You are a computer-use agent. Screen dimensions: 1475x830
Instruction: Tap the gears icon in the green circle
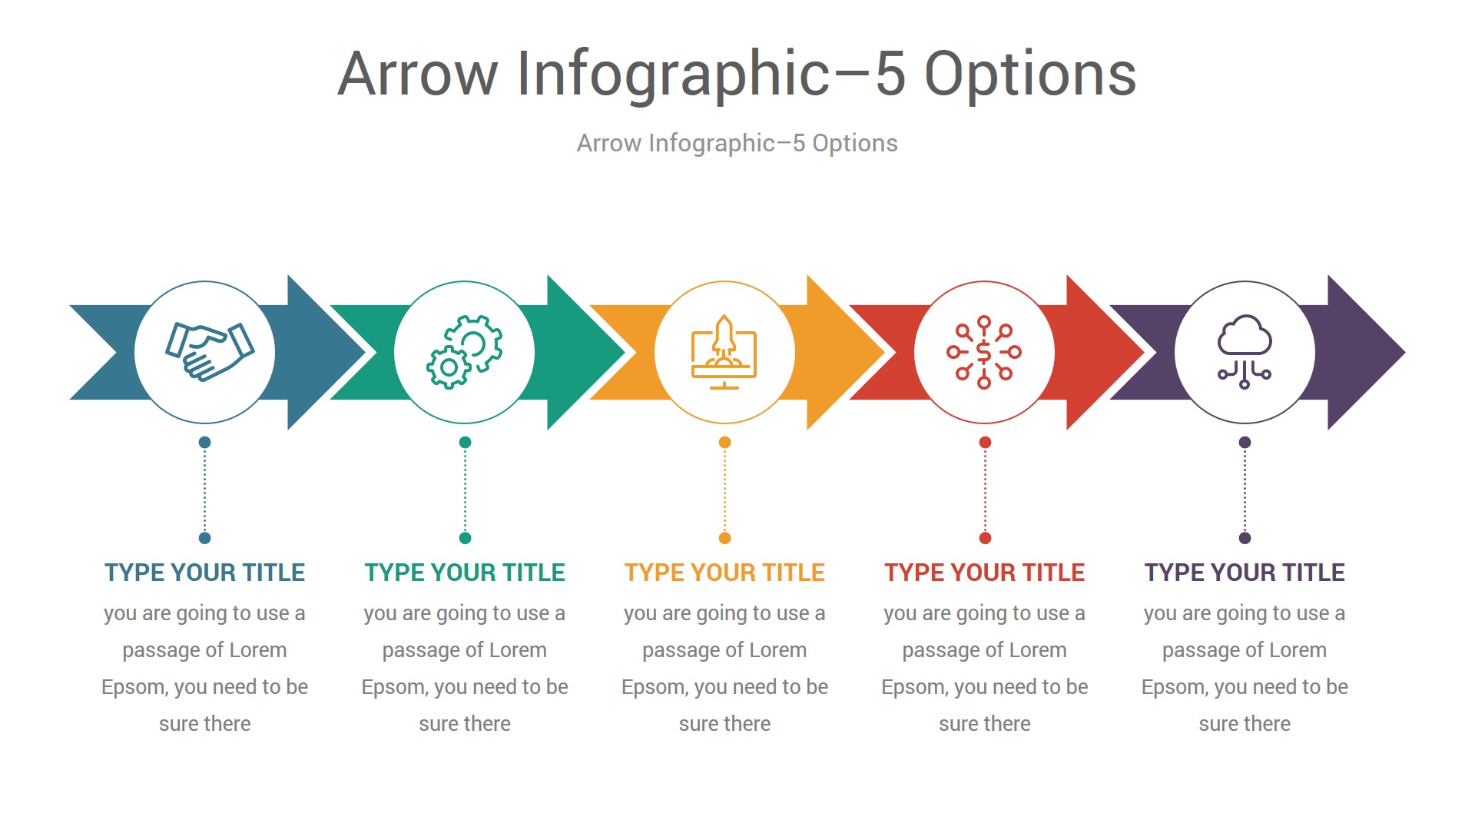tap(465, 352)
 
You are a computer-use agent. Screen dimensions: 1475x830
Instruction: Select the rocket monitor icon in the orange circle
tap(724, 352)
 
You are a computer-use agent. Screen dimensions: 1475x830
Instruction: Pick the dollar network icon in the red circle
tap(984, 352)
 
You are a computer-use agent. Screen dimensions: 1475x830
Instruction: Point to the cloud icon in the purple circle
tap(1245, 352)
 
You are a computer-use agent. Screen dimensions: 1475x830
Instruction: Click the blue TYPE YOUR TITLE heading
tap(205, 573)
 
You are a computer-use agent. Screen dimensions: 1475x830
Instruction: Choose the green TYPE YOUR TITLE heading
tap(465, 573)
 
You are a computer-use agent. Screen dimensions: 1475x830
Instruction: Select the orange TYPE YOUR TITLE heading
tap(724, 573)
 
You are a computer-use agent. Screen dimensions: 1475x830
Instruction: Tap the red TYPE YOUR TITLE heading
tap(985, 573)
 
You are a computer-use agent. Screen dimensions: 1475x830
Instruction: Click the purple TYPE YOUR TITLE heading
tap(1245, 573)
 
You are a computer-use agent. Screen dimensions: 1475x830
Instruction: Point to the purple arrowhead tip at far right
tap(1404, 353)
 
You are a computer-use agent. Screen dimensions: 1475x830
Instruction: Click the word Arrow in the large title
tap(418, 74)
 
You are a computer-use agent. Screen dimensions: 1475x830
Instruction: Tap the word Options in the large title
tap(1030, 74)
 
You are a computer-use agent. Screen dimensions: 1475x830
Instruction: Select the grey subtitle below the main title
tap(737, 143)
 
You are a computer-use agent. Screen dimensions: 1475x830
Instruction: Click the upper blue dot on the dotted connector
tap(204, 442)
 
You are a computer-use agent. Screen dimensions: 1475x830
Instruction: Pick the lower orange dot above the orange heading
tap(724, 538)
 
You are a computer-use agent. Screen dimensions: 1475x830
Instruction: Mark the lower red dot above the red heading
tap(985, 538)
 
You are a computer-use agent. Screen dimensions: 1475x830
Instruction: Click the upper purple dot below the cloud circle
tap(1245, 442)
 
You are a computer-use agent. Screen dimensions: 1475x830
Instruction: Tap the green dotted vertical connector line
tap(465, 490)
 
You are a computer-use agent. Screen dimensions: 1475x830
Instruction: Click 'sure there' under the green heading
tap(465, 724)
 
